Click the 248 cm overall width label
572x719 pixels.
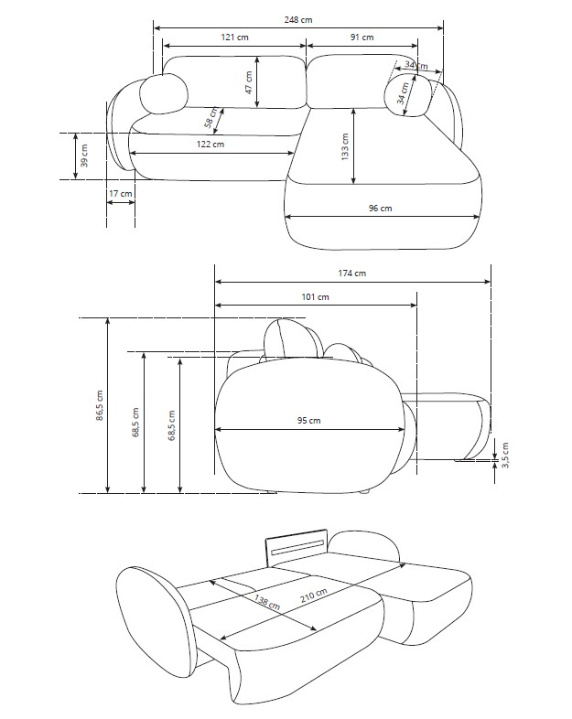pos(298,20)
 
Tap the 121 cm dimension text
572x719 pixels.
pos(234,38)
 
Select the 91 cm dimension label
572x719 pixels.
pos(362,38)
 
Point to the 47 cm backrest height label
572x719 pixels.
pos(249,82)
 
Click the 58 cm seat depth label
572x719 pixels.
pos(211,117)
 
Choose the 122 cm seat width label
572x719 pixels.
pos(210,144)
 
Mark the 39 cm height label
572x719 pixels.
pos(84,156)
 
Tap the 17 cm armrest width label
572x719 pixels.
pos(120,194)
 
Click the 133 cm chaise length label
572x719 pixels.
pos(345,146)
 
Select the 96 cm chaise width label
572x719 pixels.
pos(380,209)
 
